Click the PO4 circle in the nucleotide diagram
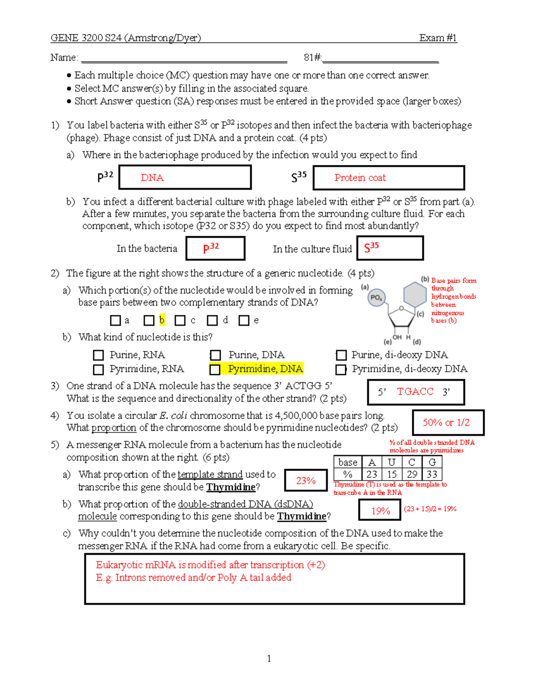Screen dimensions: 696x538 [x=376, y=298]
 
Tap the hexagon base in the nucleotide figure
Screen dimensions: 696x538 [x=415, y=294]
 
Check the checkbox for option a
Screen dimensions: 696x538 [x=115, y=320]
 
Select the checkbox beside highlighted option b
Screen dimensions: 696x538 [x=149, y=320]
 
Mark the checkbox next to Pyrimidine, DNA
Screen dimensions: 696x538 [x=215, y=369]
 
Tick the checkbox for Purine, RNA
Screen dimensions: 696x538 [x=98, y=355]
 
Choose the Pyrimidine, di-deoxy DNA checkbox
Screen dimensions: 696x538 [x=341, y=369]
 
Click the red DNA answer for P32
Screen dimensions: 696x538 [x=152, y=178]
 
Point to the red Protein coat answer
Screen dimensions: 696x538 [x=360, y=178]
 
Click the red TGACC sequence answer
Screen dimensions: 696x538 [x=415, y=392]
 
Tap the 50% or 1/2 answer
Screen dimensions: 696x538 [x=446, y=423]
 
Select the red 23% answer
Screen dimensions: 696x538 [x=306, y=481]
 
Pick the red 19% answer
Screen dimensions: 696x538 [x=380, y=511]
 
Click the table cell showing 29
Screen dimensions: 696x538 [x=412, y=474]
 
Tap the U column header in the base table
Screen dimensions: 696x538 [x=392, y=462]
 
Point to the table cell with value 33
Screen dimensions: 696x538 [x=432, y=474]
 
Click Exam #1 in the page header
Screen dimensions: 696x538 [x=438, y=38]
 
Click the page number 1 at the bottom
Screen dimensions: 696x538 [x=269, y=658]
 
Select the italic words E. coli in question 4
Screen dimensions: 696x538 [x=173, y=415]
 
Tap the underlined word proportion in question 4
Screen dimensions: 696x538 [x=114, y=428]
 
